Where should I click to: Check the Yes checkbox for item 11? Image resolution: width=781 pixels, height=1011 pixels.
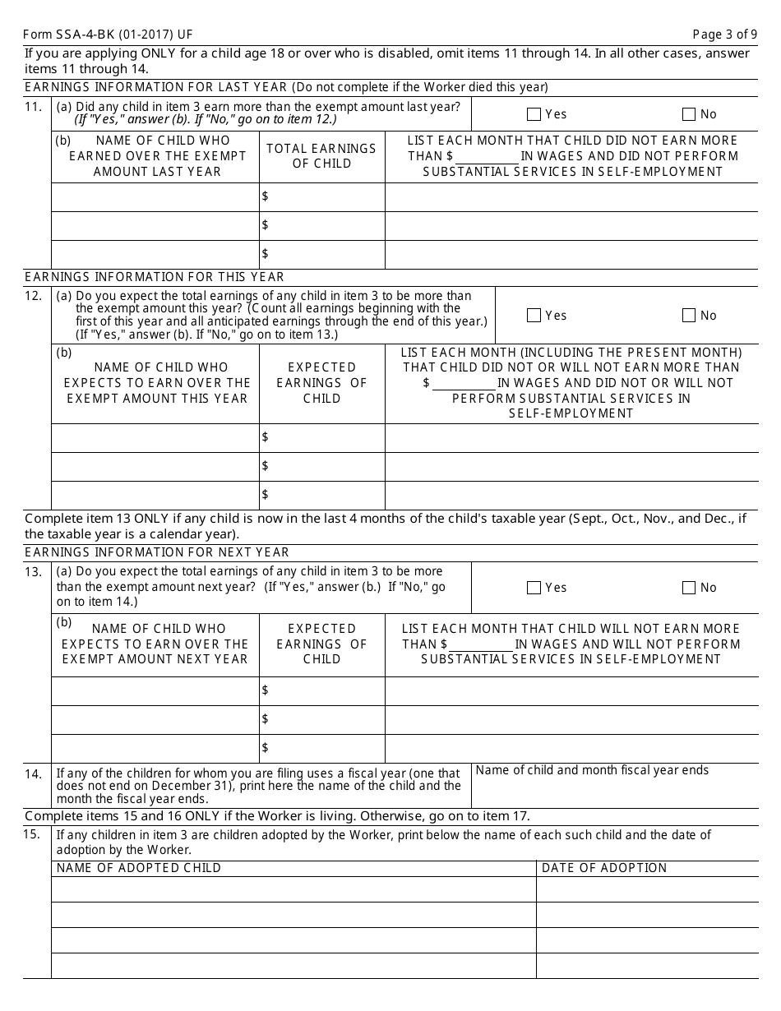click(x=534, y=115)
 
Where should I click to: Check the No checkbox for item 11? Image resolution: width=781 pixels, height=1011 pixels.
click(x=689, y=115)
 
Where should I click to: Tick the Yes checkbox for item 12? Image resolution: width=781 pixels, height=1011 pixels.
click(x=534, y=316)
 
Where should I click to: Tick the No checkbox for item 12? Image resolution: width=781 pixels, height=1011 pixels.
click(x=689, y=316)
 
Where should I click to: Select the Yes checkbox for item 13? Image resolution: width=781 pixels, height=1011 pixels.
click(x=534, y=588)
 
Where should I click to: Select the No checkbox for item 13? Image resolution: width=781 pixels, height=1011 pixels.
click(x=689, y=588)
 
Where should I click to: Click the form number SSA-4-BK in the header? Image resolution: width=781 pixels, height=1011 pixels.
click(x=108, y=35)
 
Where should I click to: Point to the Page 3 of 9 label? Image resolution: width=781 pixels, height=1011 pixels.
click(x=725, y=35)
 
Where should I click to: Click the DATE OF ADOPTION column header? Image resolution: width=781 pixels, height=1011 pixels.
click(x=604, y=868)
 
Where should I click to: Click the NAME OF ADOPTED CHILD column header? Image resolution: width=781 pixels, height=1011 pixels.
click(x=139, y=868)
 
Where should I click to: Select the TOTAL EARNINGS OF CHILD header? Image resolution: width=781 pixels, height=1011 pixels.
click(x=321, y=156)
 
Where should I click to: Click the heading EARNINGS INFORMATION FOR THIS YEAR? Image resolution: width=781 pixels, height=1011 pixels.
click(x=155, y=277)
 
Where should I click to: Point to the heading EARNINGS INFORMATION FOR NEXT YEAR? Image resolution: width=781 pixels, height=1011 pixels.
click(x=157, y=552)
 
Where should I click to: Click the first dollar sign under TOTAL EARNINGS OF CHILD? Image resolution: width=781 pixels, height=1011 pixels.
click(x=266, y=196)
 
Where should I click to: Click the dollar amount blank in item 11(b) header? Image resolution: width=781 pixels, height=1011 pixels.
click(x=488, y=157)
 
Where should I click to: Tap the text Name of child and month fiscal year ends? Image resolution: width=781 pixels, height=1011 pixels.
click(x=592, y=770)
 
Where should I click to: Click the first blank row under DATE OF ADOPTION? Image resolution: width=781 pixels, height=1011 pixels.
click(x=647, y=889)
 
